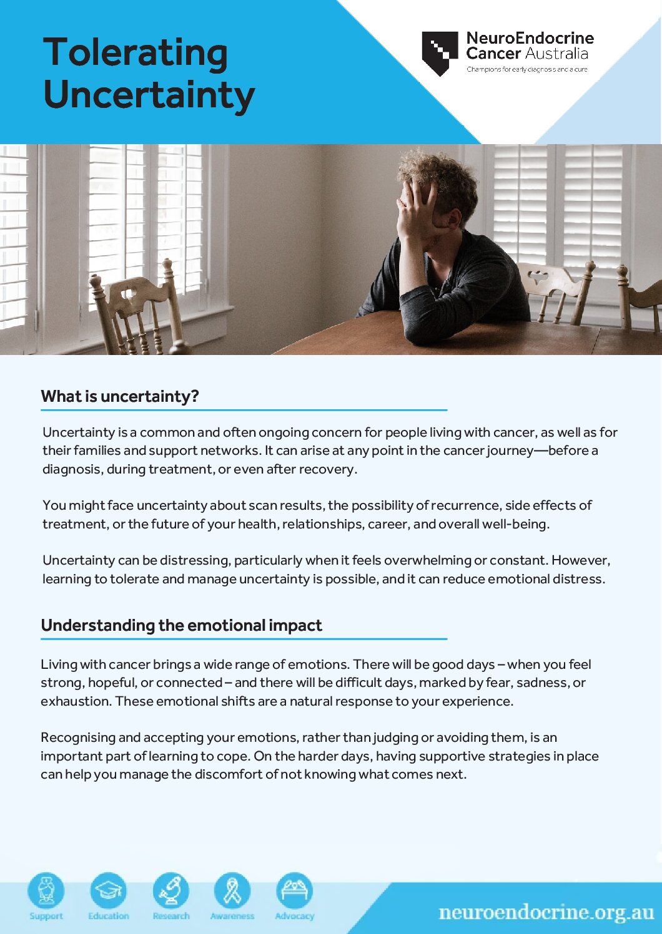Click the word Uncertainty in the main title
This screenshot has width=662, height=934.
point(149,95)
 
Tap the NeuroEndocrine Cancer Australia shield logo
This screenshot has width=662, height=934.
point(440,53)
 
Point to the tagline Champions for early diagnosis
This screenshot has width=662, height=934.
point(526,69)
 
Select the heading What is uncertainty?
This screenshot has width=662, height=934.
point(120,396)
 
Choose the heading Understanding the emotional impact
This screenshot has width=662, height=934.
point(181,625)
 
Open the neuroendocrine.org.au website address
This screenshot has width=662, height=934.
point(546,912)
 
